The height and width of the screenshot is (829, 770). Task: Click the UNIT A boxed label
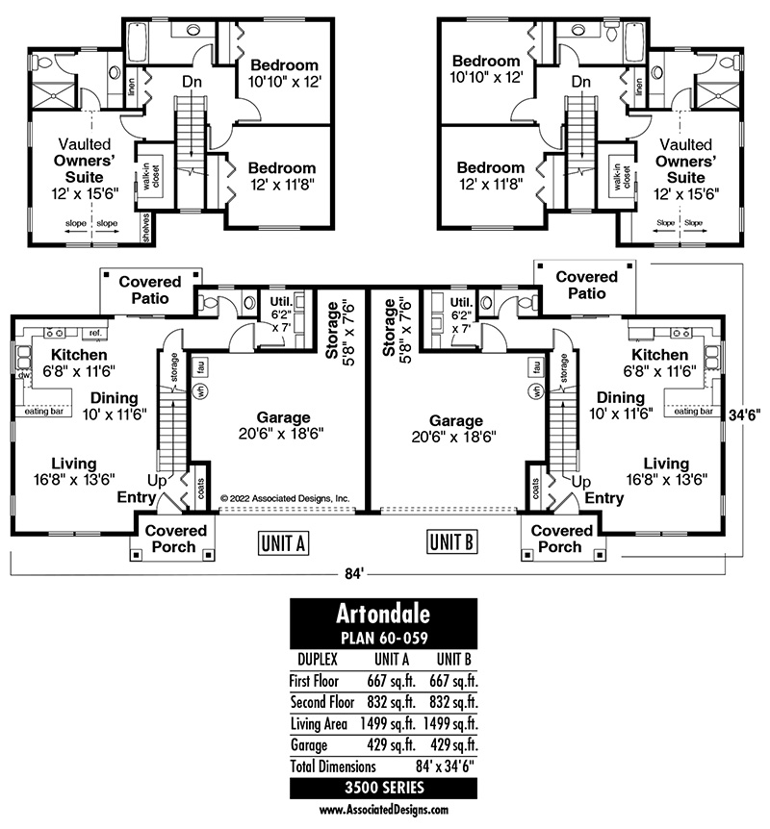pos(283,543)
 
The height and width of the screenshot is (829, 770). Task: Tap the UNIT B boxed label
pos(450,543)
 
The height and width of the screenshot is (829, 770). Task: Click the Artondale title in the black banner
pos(383,614)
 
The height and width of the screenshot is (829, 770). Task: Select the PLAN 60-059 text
pos(383,638)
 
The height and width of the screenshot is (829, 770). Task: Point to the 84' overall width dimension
pos(356,574)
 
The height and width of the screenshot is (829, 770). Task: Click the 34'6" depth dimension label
pos(745,414)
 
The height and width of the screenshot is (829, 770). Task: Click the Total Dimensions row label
pos(327,766)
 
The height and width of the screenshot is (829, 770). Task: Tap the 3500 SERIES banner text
pos(383,788)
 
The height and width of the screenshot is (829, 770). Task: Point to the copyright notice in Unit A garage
pos(285,498)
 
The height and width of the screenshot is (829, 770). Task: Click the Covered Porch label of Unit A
pos(175,539)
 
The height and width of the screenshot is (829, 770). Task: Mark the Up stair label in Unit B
pos(581,480)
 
